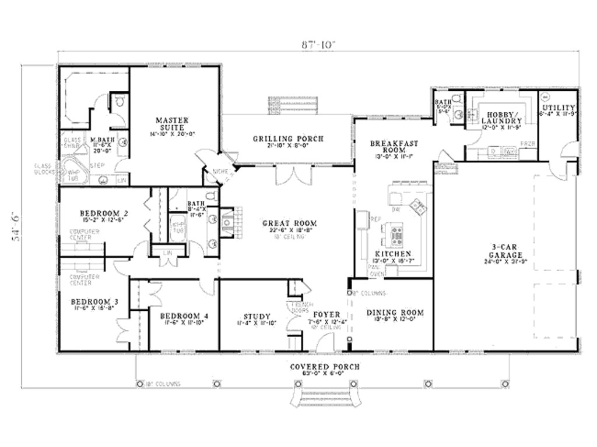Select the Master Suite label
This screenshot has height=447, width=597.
tap(171, 123)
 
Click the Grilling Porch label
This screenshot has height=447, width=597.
tap(288, 139)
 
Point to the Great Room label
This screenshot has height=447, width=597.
tap(289, 223)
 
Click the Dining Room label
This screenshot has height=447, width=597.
tap(395, 313)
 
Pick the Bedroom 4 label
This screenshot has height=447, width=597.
tap(183, 316)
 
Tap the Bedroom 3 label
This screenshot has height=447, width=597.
tap(94, 301)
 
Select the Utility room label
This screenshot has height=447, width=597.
tap(558, 108)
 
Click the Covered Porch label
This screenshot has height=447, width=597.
tap(325, 367)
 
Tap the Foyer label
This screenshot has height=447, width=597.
tap(326, 315)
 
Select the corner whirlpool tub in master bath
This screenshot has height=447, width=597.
tap(73, 171)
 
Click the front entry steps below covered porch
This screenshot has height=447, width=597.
tap(320, 402)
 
